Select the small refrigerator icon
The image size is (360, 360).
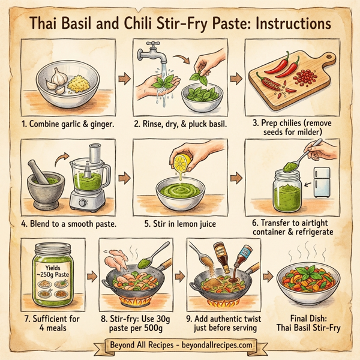click(x=321, y=182)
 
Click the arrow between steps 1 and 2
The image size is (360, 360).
click(x=124, y=79)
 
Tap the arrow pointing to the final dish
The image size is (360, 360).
click(x=271, y=278)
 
